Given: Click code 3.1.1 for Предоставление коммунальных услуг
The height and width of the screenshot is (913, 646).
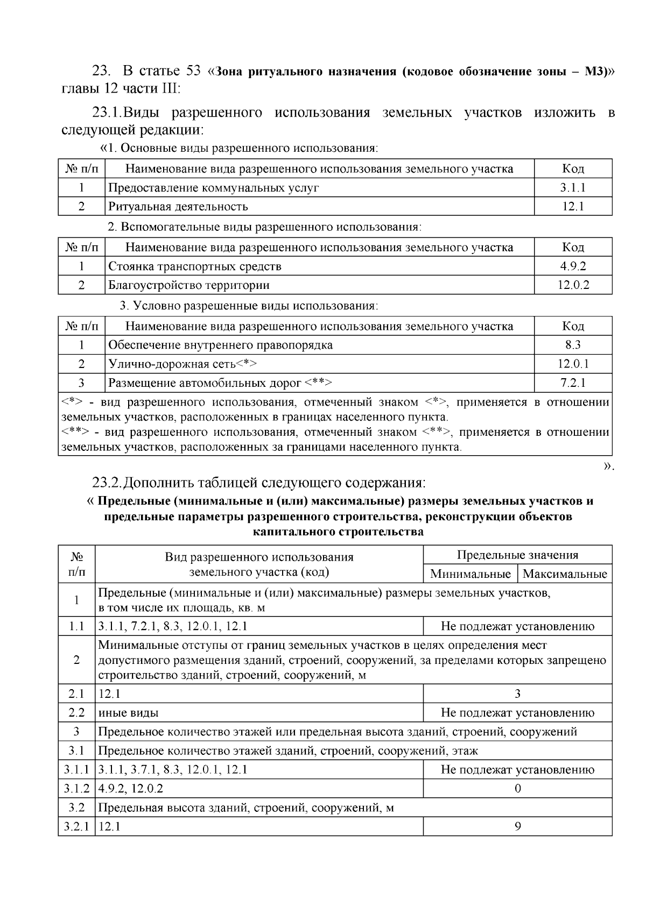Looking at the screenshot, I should [x=573, y=188].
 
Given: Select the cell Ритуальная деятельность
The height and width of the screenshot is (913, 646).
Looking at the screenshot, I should [x=178, y=207].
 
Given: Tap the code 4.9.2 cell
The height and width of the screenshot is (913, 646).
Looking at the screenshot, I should [x=573, y=266].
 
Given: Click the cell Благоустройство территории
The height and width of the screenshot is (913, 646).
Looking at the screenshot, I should [x=188, y=285].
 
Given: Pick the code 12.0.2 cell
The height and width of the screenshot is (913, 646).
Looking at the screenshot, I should [x=573, y=285].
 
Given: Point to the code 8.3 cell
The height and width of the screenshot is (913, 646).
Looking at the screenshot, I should [x=573, y=345].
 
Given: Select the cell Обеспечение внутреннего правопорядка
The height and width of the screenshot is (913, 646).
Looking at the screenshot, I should [x=220, y=345].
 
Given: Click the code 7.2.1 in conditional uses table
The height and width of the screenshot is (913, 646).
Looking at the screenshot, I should [x=573, y=383].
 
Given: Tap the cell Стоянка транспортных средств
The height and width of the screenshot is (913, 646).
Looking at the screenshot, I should [x=194, y=266].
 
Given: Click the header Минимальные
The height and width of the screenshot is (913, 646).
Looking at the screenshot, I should [x=470, y=574].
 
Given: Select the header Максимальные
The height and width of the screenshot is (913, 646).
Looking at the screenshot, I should [x=564, y=574].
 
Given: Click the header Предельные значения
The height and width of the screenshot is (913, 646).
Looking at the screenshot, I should [x=517, y=555].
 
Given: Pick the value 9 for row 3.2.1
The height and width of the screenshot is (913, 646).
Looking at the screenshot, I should [x=517, y=826].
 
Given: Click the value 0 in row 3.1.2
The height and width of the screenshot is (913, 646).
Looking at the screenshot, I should [x=517, y=789].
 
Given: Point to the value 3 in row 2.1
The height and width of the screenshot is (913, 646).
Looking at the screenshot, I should [x=517, y=694].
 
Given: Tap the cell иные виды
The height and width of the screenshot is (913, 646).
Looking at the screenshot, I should [x=128, y=713].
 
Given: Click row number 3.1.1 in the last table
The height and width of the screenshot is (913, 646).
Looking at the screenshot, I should [x=76, y=770].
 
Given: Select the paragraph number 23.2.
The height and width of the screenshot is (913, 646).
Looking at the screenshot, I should [x=107, y=481].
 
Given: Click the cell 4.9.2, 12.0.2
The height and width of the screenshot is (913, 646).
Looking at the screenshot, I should [x=131, y=789].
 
